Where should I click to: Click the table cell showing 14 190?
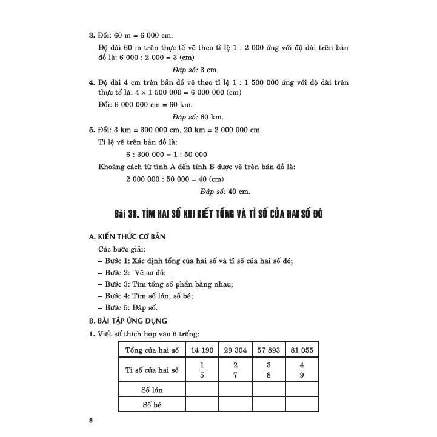point(202,350)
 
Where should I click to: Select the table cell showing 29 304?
point(235,350)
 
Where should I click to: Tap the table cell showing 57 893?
point(269,350)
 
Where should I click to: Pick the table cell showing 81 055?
point(302,350)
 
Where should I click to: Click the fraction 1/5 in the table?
point(202,369)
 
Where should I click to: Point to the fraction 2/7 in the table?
point(235,369)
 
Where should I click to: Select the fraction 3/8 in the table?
point(269,369)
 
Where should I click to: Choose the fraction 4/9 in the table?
point(302,369)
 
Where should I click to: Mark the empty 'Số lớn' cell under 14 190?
point(202,389)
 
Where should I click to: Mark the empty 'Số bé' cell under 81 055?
point(302,404)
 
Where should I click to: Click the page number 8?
point(90,421)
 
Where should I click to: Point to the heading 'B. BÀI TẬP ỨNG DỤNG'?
point(127,321)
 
